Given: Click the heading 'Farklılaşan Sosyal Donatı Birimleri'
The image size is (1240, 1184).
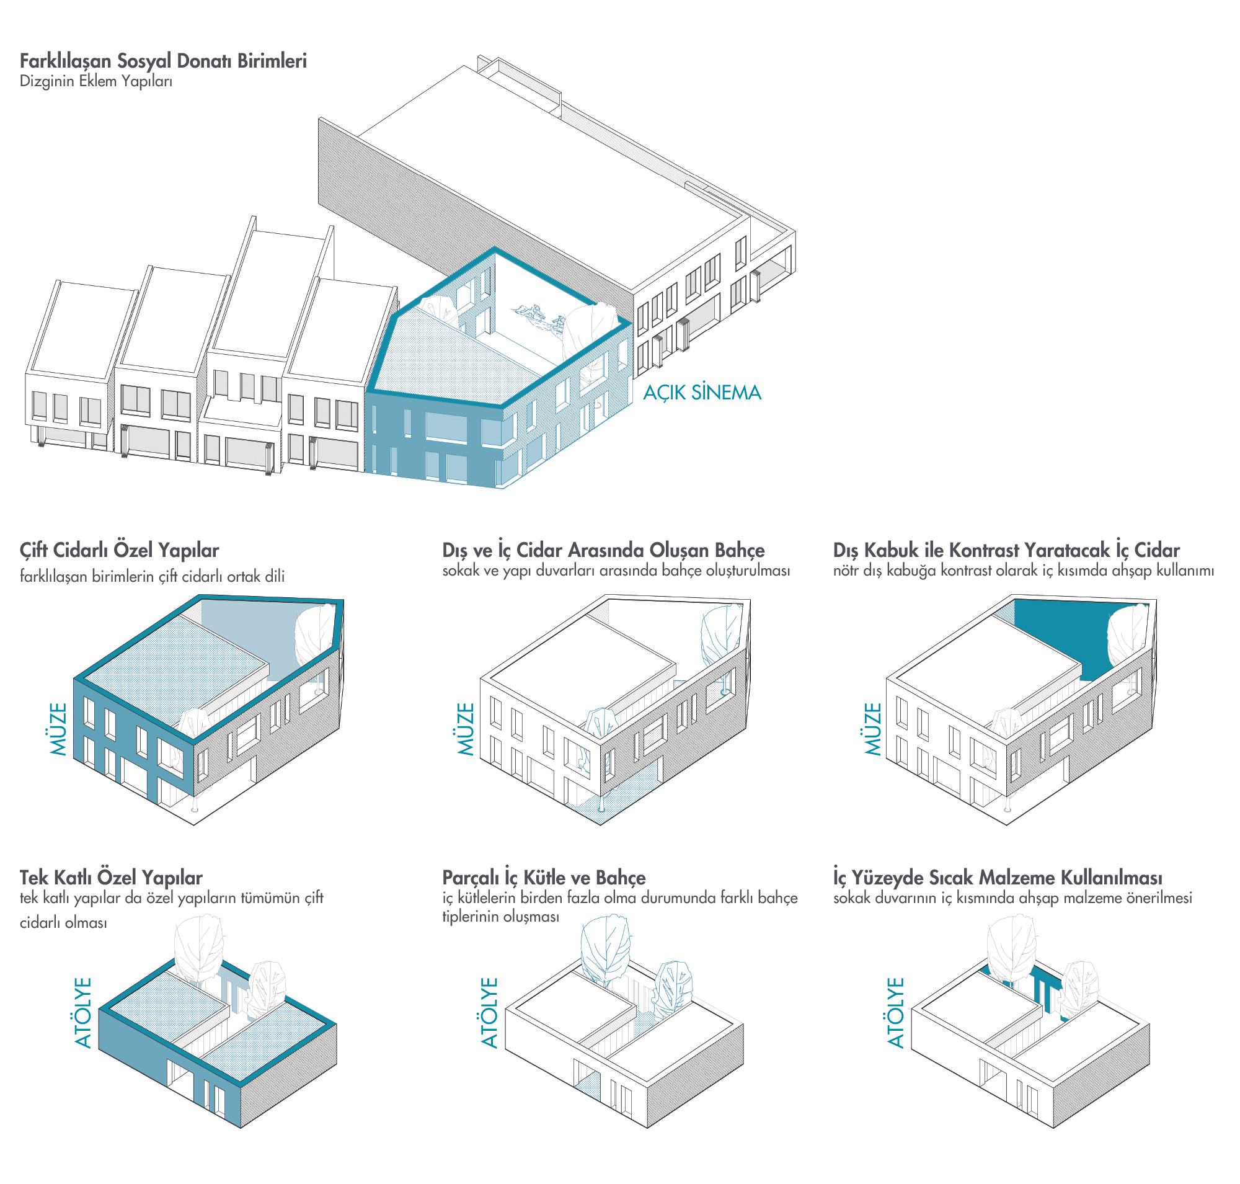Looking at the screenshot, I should point(163,61).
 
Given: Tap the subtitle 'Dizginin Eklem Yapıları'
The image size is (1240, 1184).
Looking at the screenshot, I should point(96,81).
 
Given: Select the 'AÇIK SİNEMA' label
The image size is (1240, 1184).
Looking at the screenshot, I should point(701,393).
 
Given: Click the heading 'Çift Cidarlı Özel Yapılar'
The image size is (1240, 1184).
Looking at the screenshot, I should point(119,550).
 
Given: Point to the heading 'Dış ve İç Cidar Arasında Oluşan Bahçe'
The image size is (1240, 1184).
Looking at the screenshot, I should point(603,550).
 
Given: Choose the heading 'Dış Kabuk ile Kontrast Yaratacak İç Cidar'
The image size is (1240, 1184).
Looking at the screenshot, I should point(1005,550).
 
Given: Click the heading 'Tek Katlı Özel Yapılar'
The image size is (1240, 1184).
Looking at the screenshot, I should point(111,877).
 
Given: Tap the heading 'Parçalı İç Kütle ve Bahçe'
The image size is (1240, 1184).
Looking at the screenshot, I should point(543,877).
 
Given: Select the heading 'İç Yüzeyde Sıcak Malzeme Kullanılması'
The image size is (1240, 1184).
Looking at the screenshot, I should point(997,877).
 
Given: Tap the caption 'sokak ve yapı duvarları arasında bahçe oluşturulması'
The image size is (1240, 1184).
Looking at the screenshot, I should point(615,571).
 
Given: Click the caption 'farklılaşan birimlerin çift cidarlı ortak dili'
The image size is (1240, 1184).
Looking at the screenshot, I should point(152,576).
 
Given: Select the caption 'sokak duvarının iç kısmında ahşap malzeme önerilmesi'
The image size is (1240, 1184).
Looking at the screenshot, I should point(1012,897).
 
